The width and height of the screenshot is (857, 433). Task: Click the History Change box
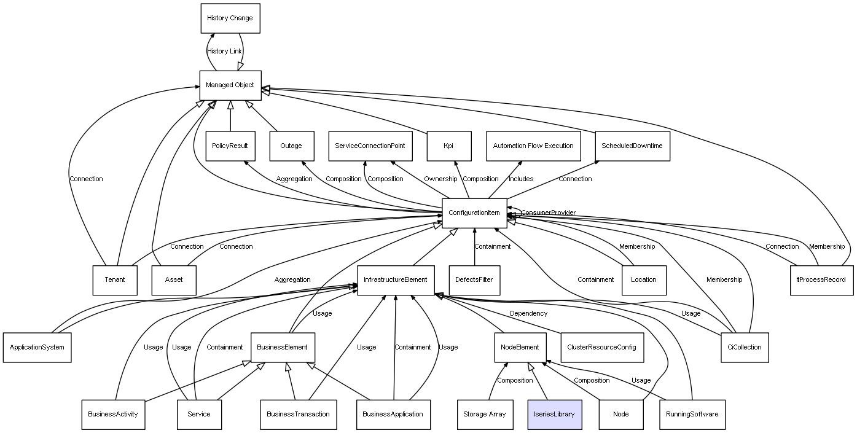click(x=230, y=18)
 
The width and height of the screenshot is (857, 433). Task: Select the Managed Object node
click(x=230, y=85)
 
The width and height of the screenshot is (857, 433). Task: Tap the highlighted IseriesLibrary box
click(x=554, y=414)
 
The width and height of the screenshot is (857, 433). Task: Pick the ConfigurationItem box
click(x=474, y=213)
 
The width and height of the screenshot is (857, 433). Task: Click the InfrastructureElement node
click(x=396, y=280)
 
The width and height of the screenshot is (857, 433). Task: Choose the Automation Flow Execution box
click(x=533, y=146)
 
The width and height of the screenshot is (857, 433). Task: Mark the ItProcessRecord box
click(x=821, y=280)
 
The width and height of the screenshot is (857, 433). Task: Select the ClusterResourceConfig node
click(x=601, y=348)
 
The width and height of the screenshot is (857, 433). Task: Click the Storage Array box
click(x=484, y=414)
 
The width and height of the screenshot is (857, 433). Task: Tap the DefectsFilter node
click(x=474, y=280)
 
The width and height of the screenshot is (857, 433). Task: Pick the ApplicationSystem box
click(x=37, y=348)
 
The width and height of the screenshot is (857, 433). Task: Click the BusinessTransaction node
click(x=298, y=414)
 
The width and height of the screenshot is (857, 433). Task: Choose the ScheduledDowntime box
click(x=632, y=146)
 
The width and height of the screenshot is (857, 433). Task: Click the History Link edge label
click(x=224, y=52)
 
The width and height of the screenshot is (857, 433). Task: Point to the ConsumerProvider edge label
click(x=549, y=213)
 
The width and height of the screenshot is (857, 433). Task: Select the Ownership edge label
click(x=440, y=179)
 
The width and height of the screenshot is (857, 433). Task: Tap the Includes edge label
click(x=521, y=179)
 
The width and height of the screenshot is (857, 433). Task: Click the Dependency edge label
click(x=528, y=314)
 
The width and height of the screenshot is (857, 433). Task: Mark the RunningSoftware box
click(x=692, y=414)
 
